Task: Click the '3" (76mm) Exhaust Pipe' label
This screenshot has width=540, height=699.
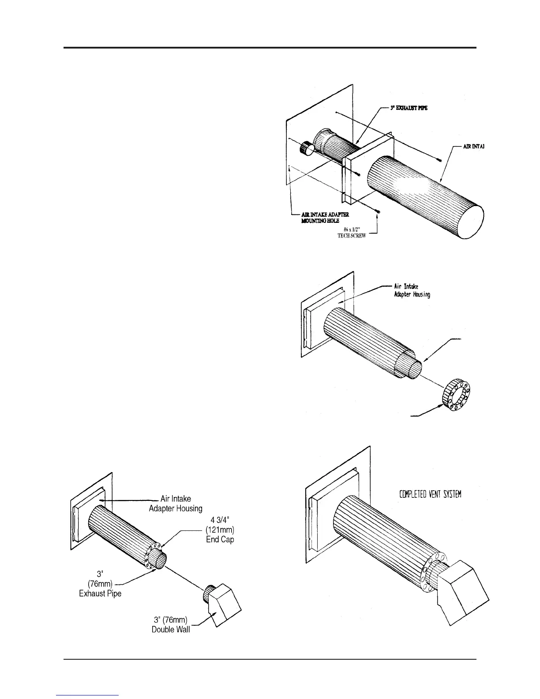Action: click(x=100, y=583)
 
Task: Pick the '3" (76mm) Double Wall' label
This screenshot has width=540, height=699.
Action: click(x=171, y=624)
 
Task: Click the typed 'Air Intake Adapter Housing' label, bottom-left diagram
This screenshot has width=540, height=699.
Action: click(x=176, y=503)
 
